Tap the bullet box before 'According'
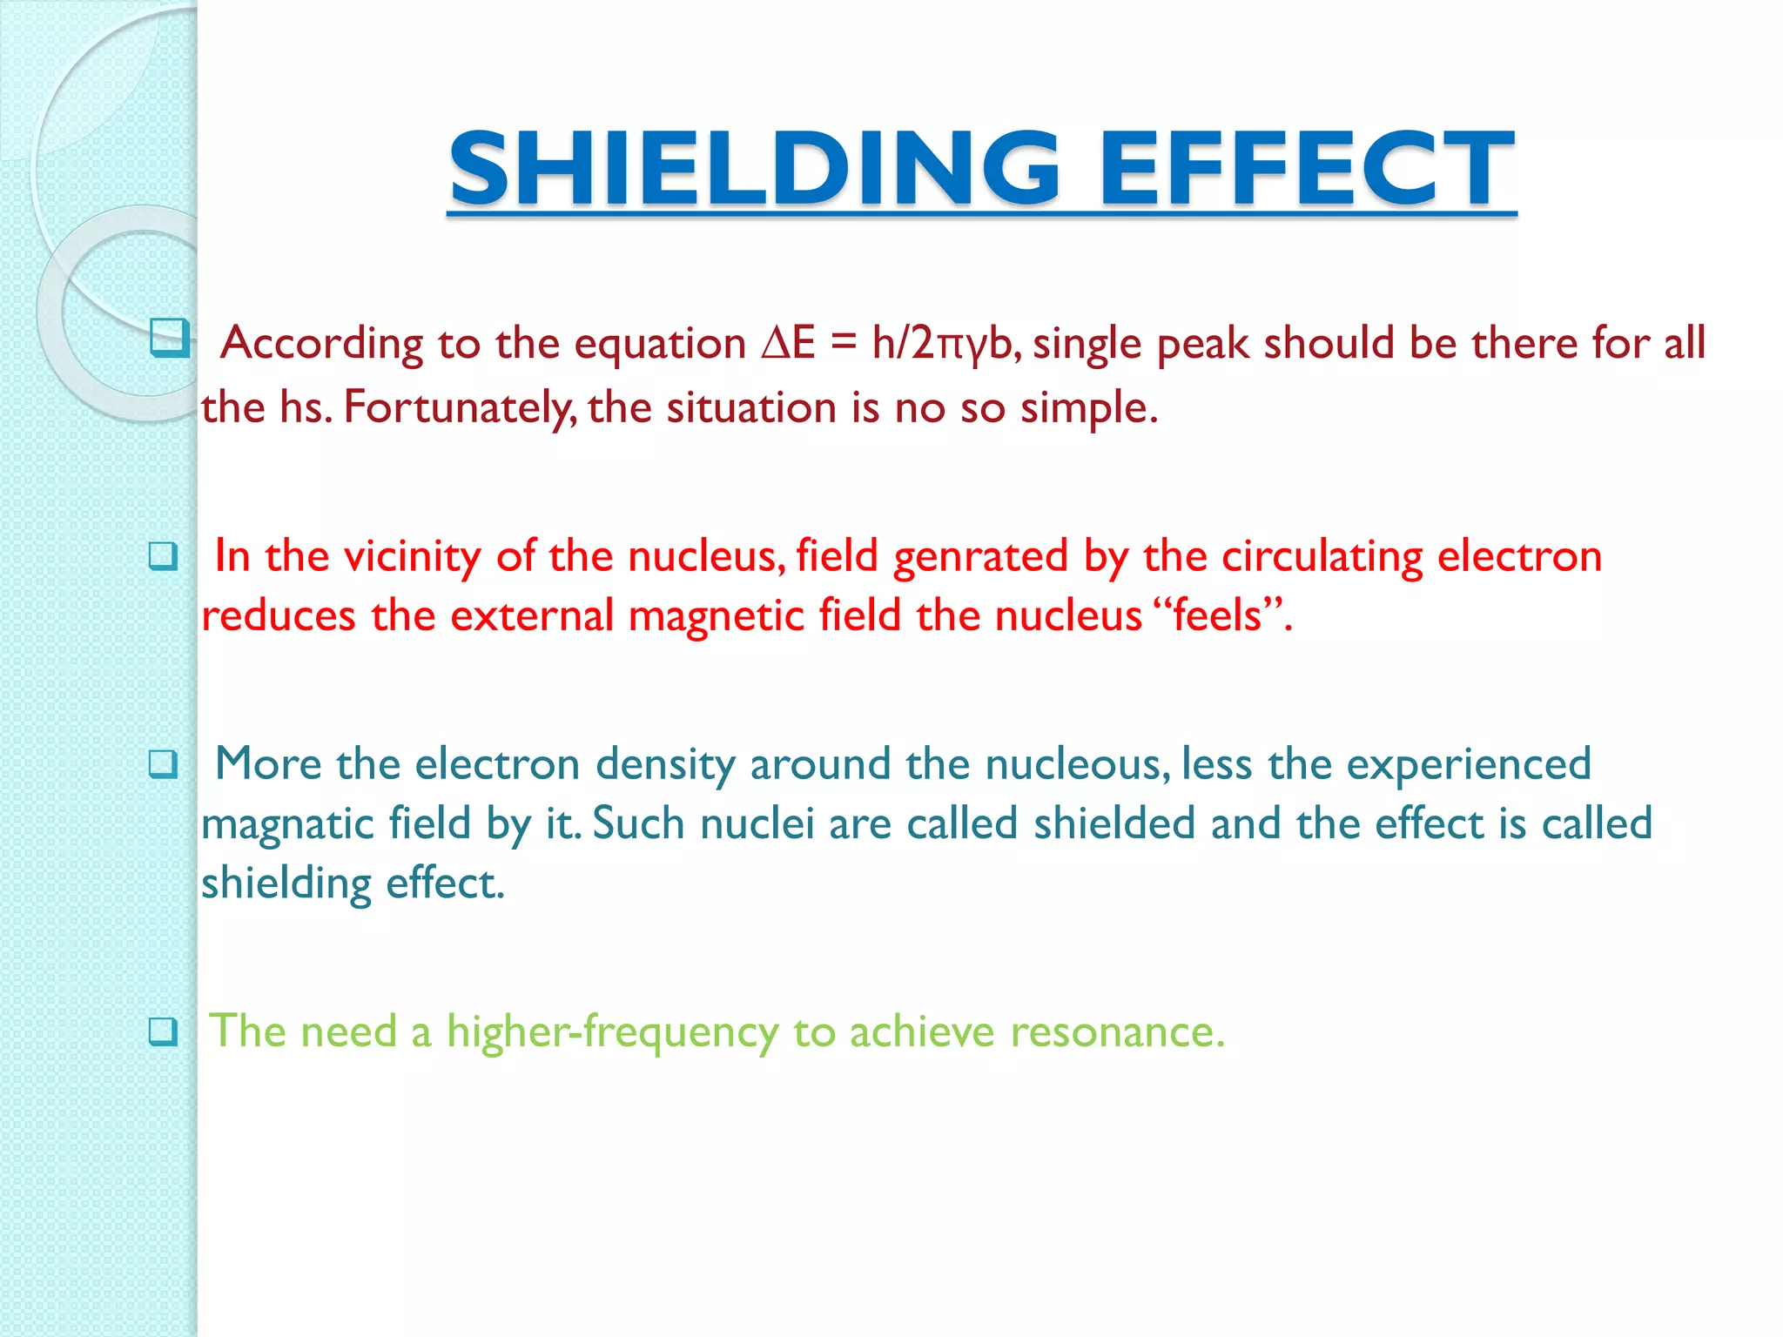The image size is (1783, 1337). click(x=169, y=338)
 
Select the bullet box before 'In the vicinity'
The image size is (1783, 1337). click(x=163, y=555)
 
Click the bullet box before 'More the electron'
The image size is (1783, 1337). click(x=163, y=764)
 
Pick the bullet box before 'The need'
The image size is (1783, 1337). click(x=163, y=1031)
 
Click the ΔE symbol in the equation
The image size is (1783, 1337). click(x=788, y=343)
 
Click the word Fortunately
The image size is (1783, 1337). click(x=459, y=407)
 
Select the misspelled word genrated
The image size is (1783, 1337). click(x=980, y=555)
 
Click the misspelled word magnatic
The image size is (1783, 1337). click(x=287, y=823)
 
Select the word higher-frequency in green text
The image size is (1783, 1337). click(x=612, y=1031)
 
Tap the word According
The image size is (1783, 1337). click(x=321, y=343)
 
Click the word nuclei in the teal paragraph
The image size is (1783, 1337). click(x=757, y=823)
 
